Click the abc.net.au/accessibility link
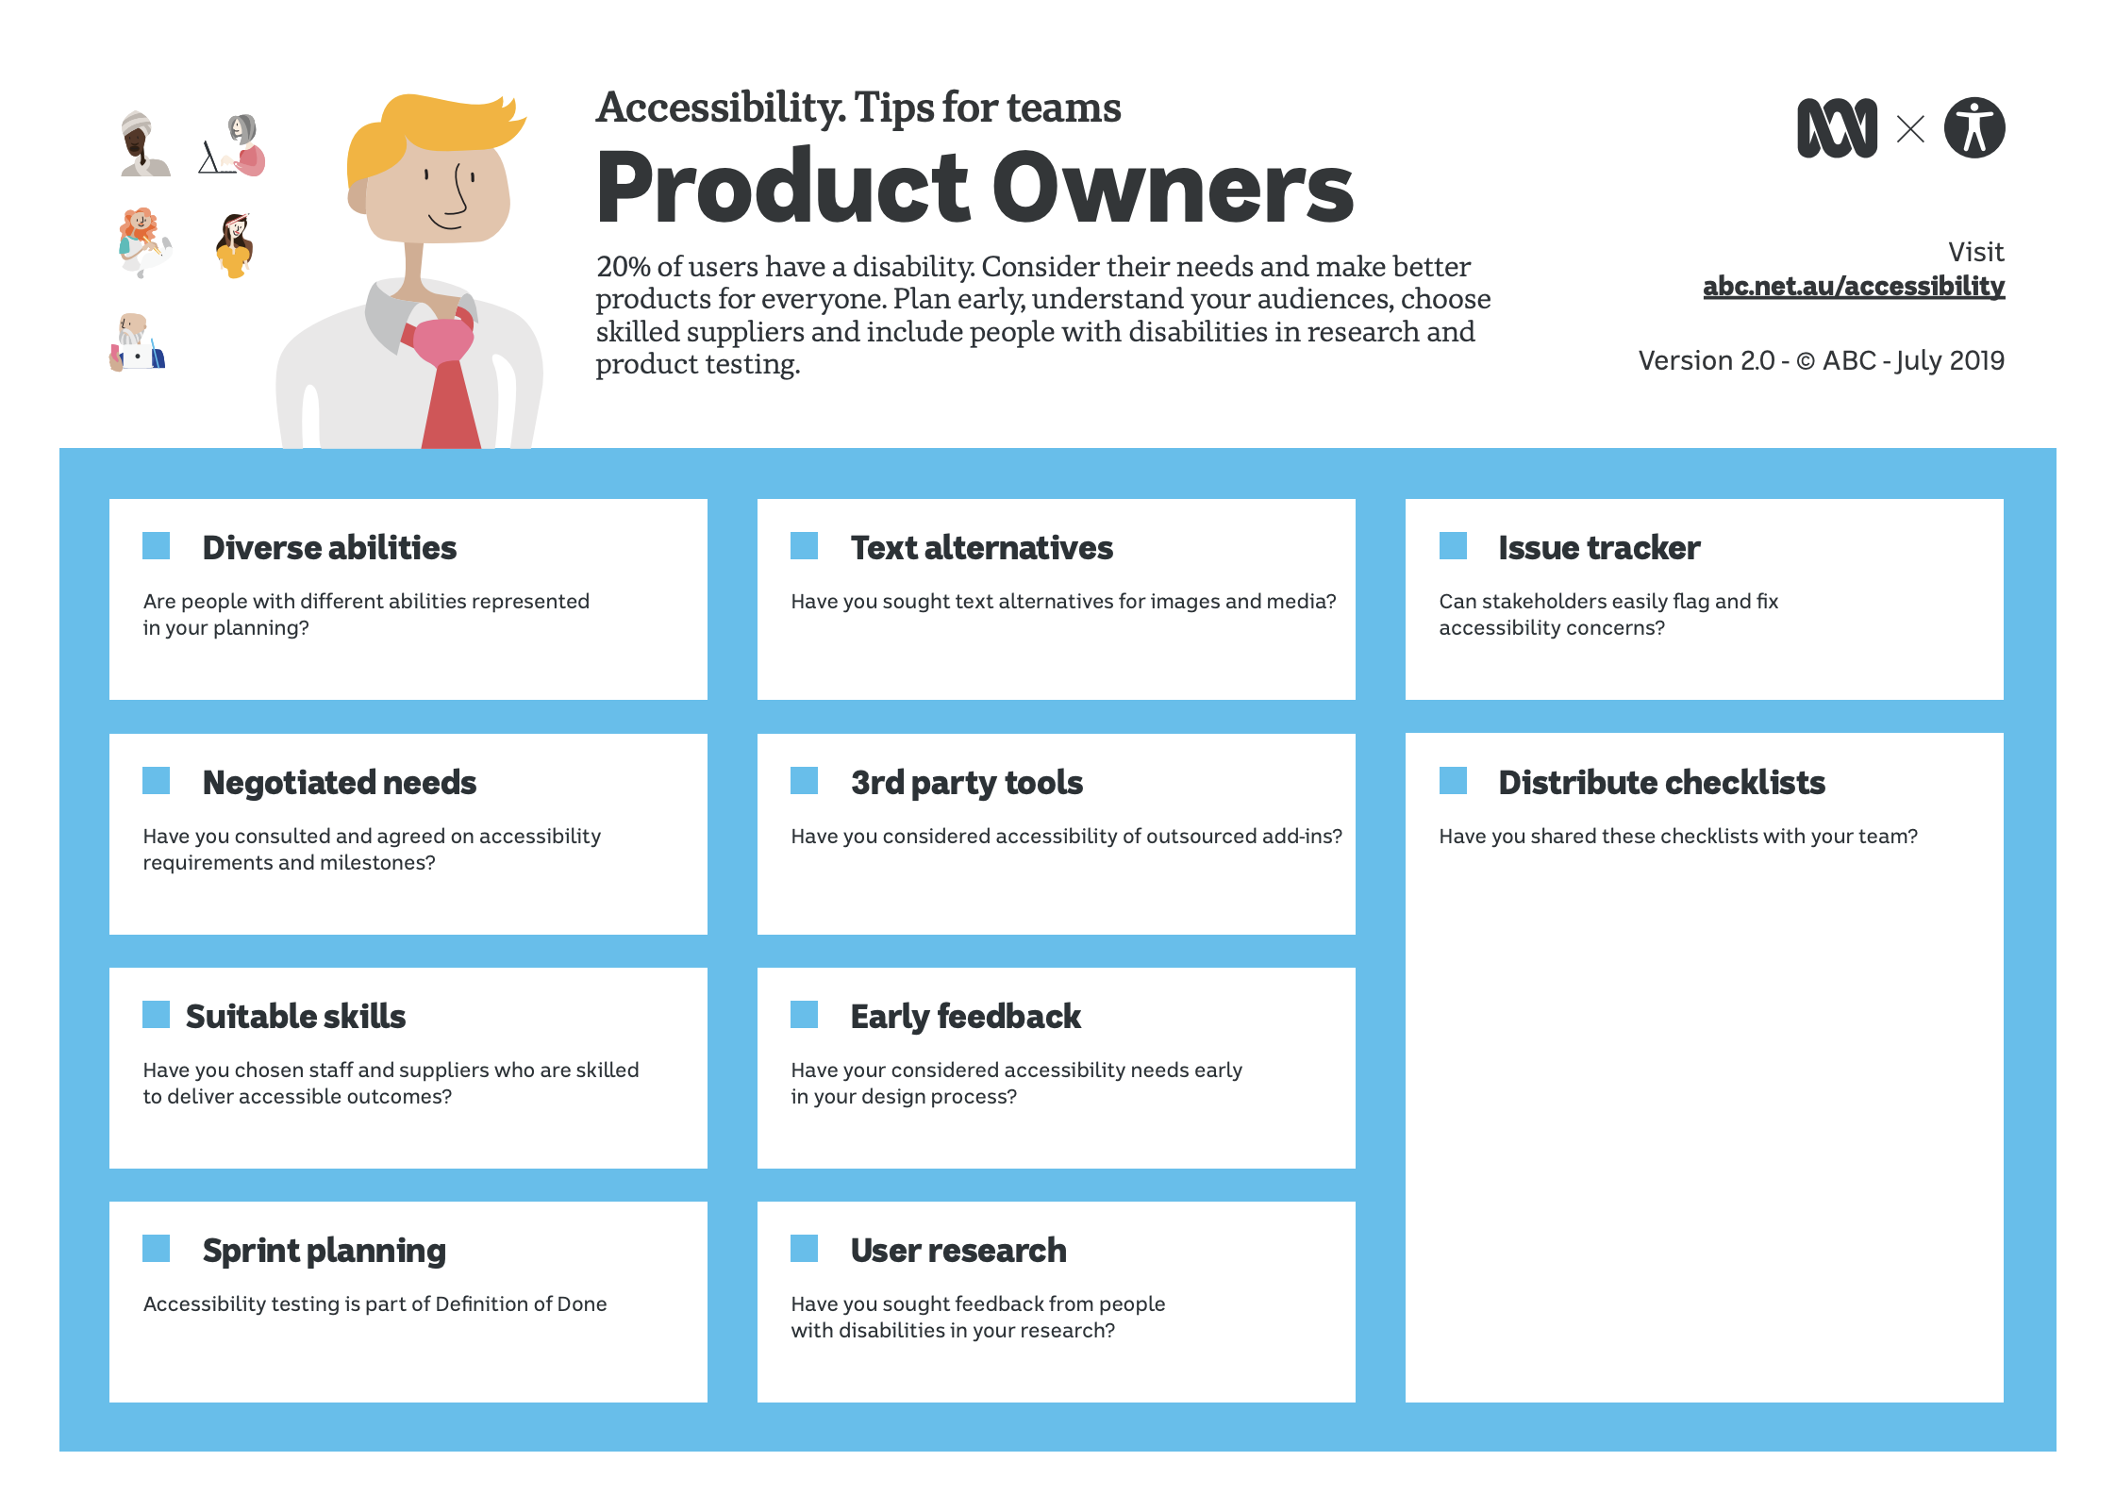(x=1854, y=286)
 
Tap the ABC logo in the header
(x=1837, y=128)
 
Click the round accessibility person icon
(x=1974, y=127)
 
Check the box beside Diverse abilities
(x=157, y=546)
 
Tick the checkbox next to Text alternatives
(x=805, y=546)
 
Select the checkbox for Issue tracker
(x=1453, y=546)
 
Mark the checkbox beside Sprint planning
(x=157, y=1248)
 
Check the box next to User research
(x=805, y=1248)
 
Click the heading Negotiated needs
(x=340, y=782)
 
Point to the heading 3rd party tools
(x=967, y=783)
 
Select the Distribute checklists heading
(x=1662, y=782)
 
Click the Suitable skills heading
(x=296, y=1016)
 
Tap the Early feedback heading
(x=966, y=1017)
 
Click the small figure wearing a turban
(x=143, y=143)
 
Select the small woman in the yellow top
(x=235, y=245)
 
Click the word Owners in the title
(x=1174, y=188)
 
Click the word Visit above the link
(x=1976, y=252)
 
